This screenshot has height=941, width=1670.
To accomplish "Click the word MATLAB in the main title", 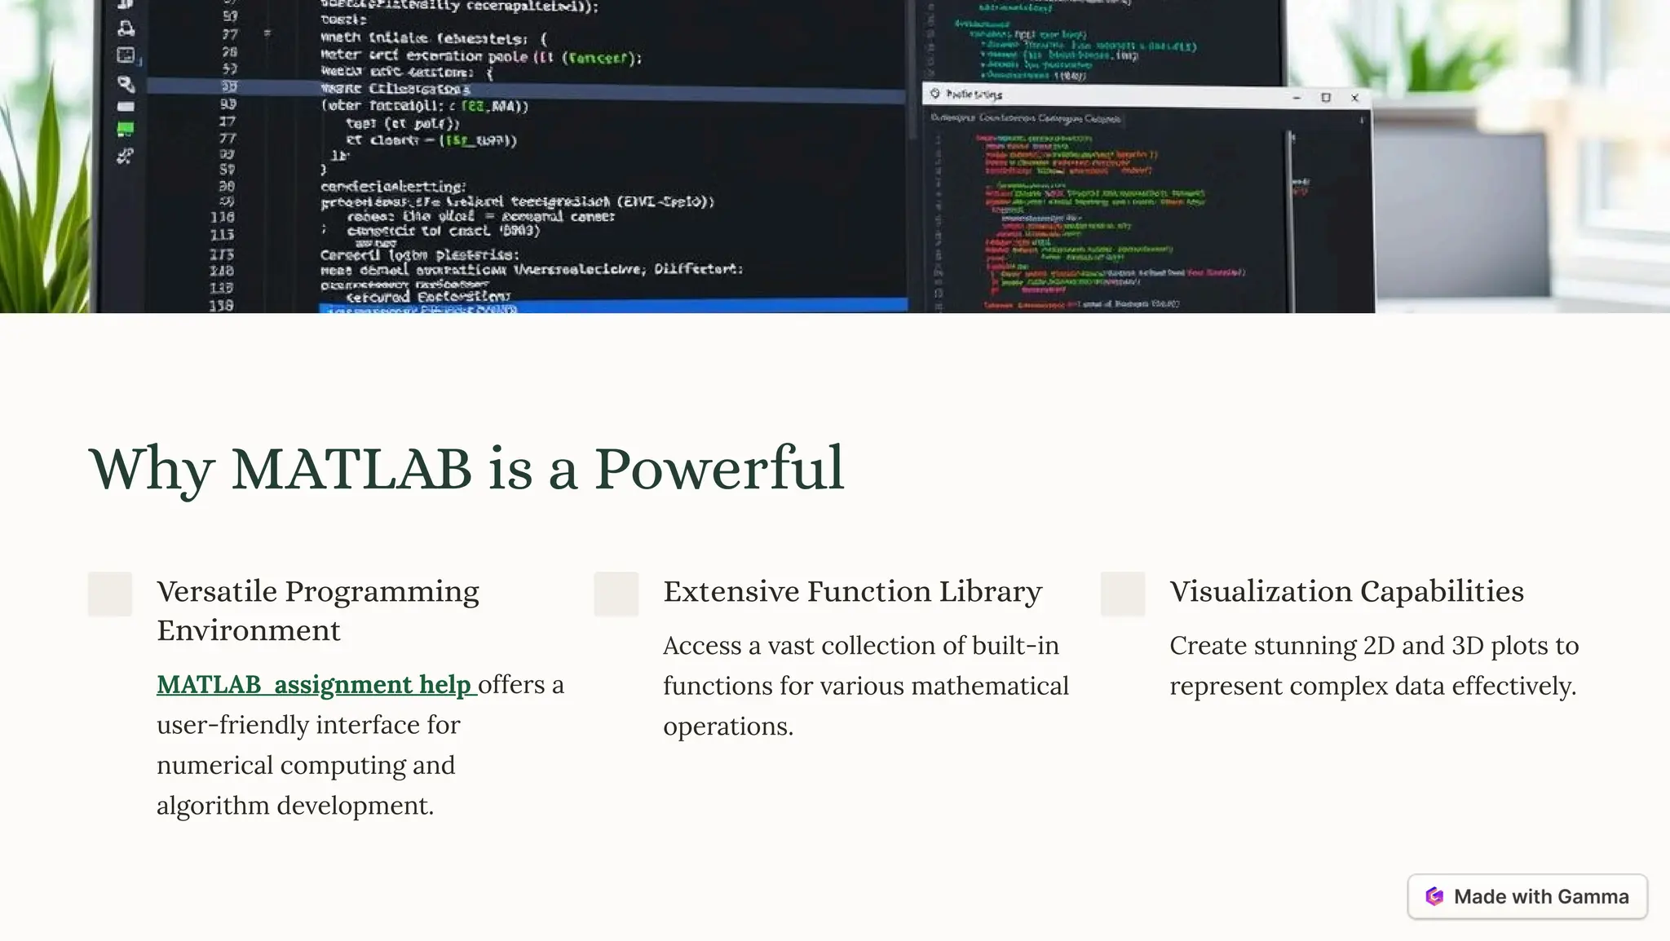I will pos(351,469).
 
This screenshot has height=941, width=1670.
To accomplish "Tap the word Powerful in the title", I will pos(718,469).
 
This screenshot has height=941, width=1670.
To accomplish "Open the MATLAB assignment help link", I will pos(315,684).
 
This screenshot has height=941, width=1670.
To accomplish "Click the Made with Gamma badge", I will pos(1526,896).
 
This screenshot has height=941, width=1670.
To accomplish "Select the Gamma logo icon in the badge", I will pos(1434,896).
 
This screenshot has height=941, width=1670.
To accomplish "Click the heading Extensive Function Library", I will pos(852,591).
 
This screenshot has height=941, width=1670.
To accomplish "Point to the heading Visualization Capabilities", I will pos(1346,591).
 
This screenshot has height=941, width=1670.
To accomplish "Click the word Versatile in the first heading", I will pos(216,591).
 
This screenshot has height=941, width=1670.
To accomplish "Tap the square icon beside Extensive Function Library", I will pos(616,594).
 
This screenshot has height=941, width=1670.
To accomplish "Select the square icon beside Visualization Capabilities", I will pos(1122,594).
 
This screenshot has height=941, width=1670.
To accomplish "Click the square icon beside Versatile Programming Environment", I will pos(110,594).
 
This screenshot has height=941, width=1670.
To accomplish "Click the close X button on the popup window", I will pos(1355,98).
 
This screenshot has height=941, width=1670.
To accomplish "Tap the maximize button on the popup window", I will pos(1326,98).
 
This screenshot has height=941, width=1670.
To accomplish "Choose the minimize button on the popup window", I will pos(1297,98).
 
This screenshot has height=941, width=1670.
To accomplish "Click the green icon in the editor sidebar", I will pos(126,128).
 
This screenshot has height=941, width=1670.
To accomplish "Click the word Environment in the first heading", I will pos(249,630).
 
